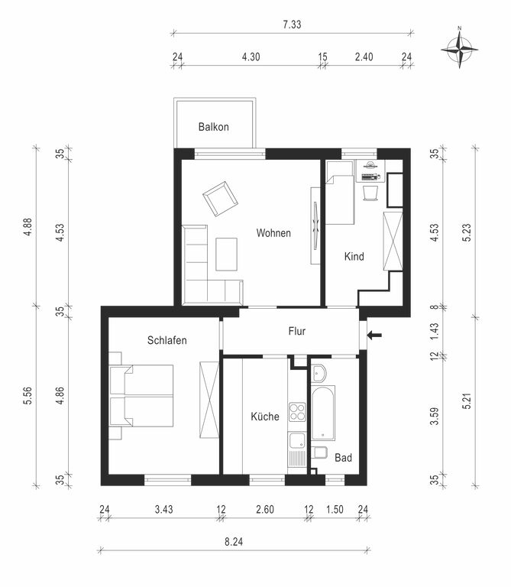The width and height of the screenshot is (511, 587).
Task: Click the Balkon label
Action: click(214, 127)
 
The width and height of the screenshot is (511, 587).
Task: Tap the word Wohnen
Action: click(273, 233)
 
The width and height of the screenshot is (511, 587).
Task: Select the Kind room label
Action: click(354, 257)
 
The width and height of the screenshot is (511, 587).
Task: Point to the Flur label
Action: click(297, 331)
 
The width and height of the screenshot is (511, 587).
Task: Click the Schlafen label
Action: click(167, 340)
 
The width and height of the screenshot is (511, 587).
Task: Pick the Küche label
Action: click(265, 417)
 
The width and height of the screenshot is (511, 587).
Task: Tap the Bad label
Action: click(343, 458)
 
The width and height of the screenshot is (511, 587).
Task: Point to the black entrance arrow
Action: click(374, 335)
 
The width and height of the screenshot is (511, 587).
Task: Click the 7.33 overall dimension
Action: click(292, 24)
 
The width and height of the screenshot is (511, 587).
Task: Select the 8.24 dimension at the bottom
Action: click(234, 542)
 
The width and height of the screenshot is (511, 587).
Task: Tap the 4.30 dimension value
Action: click(251, 57)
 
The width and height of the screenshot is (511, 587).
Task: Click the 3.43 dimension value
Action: click(164, 509)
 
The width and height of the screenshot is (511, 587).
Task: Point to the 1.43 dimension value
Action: click(435, 331)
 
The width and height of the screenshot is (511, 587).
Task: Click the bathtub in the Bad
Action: click(323, 413)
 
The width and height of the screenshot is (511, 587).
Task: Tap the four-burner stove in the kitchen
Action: click(297, 412)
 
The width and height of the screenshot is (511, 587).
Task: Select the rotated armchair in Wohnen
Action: click(220, 199)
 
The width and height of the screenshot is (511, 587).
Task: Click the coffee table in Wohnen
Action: click(226, 255)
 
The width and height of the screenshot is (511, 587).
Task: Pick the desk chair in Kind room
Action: click(370, 193)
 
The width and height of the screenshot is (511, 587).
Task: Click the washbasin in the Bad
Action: click(319, 373)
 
